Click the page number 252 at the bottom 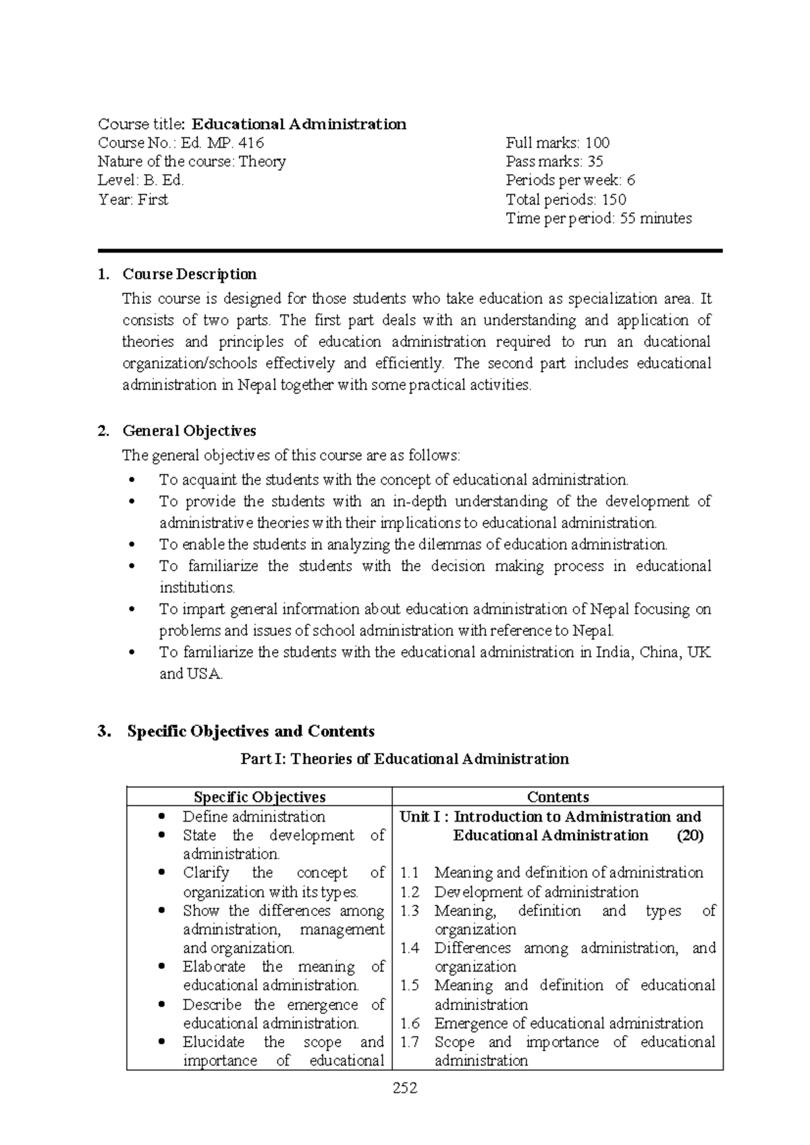[405, 1088]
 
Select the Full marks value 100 [597, 143]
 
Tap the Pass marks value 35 [595, 162]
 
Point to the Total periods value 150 [614, 200]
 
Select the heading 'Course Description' [189, 275]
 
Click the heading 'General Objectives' [189, 431]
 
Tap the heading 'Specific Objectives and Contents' [250, 732]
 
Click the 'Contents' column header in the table [558, 797]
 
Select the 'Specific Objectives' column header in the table [259, 797]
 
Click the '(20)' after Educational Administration [690, 836]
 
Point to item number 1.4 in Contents [409, 949]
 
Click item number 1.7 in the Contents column [409, 1042]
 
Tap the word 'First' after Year [153, 200]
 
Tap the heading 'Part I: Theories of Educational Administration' [405, 760]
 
